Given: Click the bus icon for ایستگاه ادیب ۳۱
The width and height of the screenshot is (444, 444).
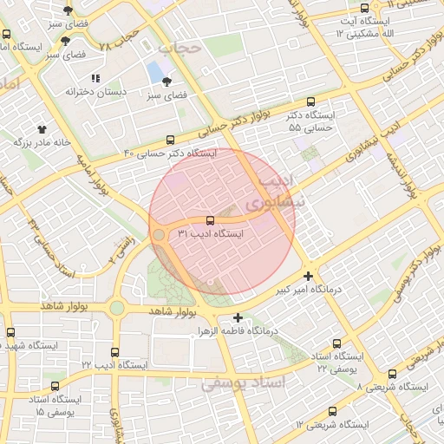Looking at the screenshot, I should point(210,220).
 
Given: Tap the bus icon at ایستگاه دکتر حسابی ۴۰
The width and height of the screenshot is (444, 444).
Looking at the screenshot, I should point(171,139).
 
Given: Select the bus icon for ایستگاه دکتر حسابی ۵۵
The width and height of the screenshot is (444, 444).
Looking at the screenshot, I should point(311,101).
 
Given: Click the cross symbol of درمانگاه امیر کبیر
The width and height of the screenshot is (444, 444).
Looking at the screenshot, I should point(308,276).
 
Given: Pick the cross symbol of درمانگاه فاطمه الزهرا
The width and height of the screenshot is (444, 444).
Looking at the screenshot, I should point(238,317).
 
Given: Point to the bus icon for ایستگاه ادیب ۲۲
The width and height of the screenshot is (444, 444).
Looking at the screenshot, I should point(114,352).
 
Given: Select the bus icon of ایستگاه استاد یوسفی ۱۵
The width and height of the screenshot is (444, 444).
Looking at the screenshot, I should point(57,385).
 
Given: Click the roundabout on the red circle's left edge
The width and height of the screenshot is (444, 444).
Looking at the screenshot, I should point(159,235).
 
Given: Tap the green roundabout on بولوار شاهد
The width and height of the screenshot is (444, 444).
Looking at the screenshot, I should point(116,308).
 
